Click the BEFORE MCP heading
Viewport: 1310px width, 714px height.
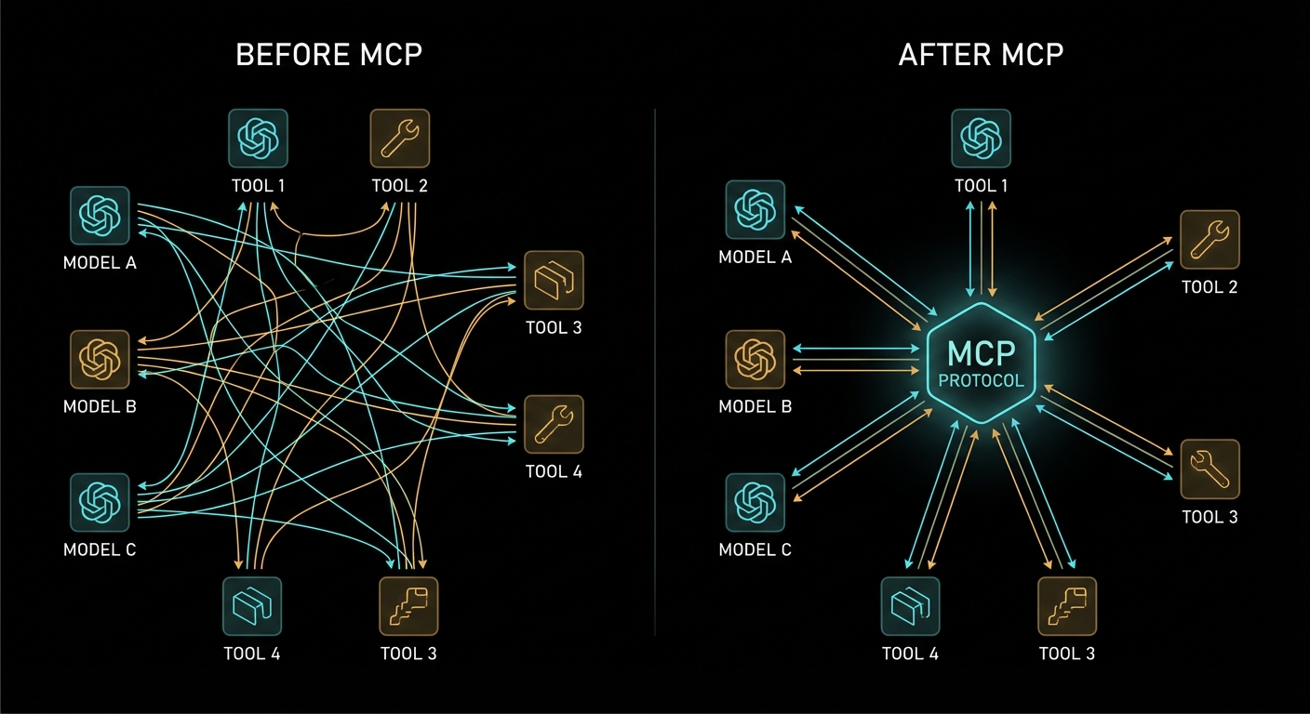[328, 55]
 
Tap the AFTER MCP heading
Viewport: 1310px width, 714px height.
[982, 55]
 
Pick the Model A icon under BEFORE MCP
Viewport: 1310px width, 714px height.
[100, 216]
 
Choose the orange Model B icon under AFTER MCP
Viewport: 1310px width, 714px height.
[755, 360]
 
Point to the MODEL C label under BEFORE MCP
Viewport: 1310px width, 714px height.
[100, 550]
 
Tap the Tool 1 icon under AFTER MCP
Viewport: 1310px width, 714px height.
[981, 139]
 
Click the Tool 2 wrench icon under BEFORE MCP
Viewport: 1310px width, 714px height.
[399, 139]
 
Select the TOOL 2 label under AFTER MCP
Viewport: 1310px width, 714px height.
[1210, 287]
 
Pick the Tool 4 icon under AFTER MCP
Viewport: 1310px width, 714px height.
[910, 606]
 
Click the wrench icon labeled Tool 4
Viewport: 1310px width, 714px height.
[554, 425]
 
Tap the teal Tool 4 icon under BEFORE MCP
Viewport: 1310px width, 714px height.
[251, 606]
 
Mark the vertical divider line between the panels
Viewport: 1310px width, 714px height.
[655, 372]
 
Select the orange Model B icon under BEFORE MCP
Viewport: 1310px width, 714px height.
[100, 360]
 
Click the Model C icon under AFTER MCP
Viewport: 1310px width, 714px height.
[755, 503]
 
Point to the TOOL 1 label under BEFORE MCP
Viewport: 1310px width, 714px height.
[258, 186]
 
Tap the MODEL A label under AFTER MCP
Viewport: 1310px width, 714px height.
[755, 258]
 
